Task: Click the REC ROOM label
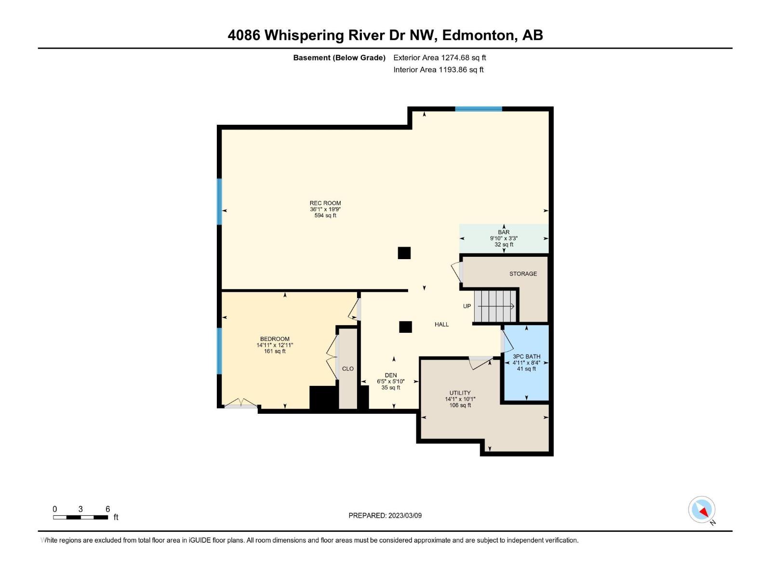[325, 203]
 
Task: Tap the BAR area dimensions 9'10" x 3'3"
[504, 238]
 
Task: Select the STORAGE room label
[523, 274]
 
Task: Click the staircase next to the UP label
[495, 306]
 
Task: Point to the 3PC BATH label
[526, 356]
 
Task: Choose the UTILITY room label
[460, 393]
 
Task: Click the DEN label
[391, 375]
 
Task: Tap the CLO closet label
[348, 368]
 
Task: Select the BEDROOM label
[275, 339]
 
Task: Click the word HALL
[441, 324]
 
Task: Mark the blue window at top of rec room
[479, 109]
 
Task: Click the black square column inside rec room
[404, 253]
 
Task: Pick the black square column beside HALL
[405, 327]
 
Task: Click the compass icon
[702, 510]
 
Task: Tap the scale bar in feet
[80, 517]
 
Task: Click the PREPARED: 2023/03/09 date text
[385, 515]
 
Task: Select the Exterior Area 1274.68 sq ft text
[439, 57]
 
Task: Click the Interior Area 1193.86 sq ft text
[438, 69]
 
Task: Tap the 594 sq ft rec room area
[325, 215]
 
